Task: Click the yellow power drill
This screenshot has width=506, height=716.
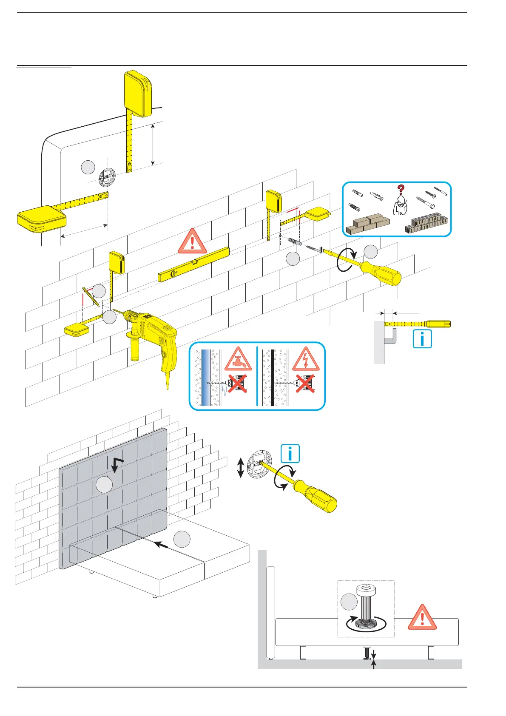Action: coord(153,336)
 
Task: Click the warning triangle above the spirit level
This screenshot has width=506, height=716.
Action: coord(192,242)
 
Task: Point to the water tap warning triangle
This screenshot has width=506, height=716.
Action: coord(238,359)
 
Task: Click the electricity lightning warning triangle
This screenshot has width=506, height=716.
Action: coord(306,359)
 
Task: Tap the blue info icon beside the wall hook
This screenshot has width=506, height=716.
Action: coord(422,339)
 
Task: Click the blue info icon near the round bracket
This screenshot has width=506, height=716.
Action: coord(290,453)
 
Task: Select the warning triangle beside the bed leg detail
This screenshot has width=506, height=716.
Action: coord(422,617)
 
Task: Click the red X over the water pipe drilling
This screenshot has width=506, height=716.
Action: coord(237,384)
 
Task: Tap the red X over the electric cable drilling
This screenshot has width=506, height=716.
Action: coord(305,384)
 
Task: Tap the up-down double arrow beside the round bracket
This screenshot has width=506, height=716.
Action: coord(240,468)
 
